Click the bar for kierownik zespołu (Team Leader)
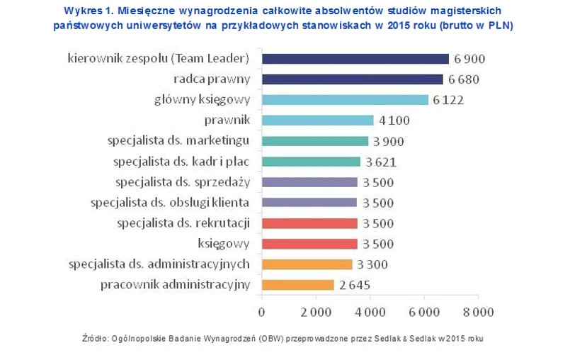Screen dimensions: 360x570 [355, 59]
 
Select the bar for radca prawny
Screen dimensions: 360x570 [352, 79]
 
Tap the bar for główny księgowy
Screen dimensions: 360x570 [345, 100]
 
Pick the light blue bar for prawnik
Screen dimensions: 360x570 [317, 120]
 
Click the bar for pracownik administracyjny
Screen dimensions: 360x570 [297, 285]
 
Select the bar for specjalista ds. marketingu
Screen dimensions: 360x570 [314, 141]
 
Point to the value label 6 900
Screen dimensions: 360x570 [470, 59]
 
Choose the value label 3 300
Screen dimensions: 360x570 [372, 264]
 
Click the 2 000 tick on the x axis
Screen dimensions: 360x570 [316, 312]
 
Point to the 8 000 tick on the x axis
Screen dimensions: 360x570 [478, 312]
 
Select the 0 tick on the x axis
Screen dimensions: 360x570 [261, 312]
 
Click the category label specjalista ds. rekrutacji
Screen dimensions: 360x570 [183, 223]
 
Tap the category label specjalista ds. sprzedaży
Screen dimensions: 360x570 [183, 182]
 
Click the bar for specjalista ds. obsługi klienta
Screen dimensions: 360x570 [309, 203]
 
